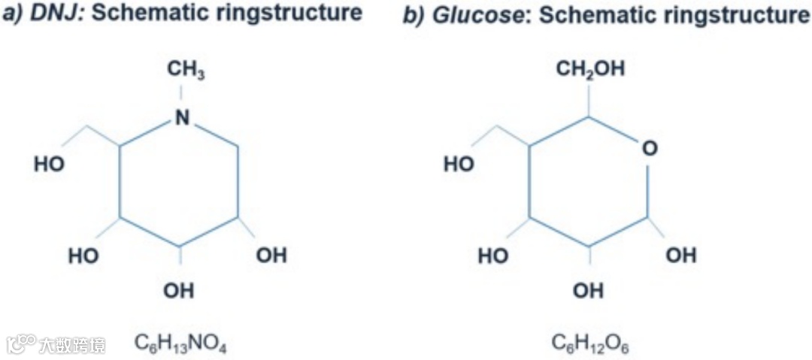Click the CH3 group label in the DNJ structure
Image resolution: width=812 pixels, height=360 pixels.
tap(185, 71)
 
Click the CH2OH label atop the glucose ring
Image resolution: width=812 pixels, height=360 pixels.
tap(590, 70)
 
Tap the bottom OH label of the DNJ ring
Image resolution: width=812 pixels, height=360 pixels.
tap(179, 291)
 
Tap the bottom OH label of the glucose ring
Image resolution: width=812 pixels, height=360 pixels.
tap(589, 290)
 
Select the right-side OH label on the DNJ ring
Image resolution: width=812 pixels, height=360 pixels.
tap(271, 256)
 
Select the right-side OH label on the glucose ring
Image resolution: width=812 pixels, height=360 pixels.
tap(681, 256)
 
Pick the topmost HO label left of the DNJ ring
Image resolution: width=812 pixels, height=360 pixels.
tap(49, 165)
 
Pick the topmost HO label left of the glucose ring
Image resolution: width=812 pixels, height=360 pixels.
tap(458, 165)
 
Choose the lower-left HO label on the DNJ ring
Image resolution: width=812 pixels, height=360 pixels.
tap(83, 256)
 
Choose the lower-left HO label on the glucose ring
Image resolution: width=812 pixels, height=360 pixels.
tap(492, 256)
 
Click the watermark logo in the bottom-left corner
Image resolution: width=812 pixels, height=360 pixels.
tap(22, 344)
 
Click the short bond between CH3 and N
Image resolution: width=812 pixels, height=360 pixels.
tap(180, 94)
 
